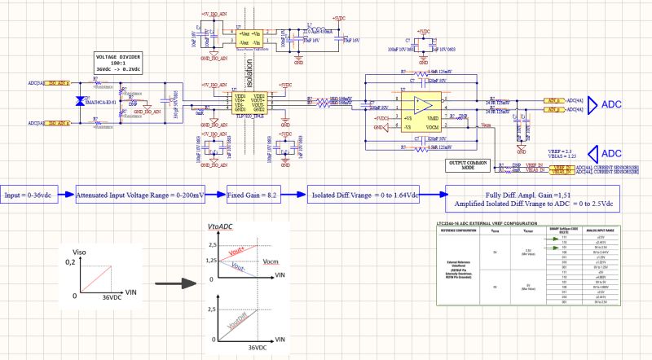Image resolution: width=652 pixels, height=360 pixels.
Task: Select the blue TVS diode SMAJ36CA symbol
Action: pos(79,102)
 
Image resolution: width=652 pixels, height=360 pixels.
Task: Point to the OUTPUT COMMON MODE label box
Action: pos(468,164)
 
